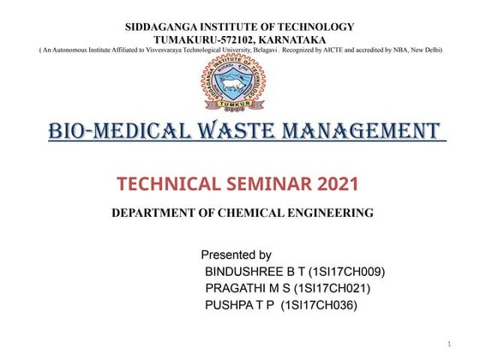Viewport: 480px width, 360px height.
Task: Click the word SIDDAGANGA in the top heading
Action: pyautogui.click(x=161, y=27)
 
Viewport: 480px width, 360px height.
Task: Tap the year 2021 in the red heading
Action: pyautogui.click(x=337, y=183)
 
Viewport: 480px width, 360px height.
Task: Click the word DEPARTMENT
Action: pyautogui.click(x=156, y=213)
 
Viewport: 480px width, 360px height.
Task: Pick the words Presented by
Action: pyautogui.click(x=236, y=255)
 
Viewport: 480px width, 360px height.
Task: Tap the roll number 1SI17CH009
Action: pyautogui.click(x=346, y=272)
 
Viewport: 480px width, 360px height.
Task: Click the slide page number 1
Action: pyautogui.click(x=449, y=344)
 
